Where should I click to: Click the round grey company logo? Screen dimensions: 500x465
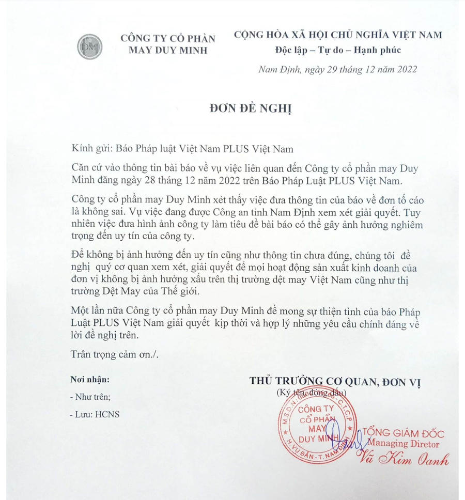pyautogui.click(x=90, y=46)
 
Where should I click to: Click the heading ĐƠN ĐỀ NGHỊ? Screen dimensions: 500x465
pyautogui.click(x=234, y=108)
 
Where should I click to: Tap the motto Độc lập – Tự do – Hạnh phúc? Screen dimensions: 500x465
pyautogui.click(x=337, y=50)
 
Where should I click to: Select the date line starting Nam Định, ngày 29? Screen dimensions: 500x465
pyautogui.click(x=338, y=69)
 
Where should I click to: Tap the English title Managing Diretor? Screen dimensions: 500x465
pyautogui.click(x=404, y=444)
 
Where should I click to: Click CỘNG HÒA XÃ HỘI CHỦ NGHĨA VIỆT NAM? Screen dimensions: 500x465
pyautogui.click(x=338, y=35)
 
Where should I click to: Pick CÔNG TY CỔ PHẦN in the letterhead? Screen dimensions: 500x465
pyautogui.click(x=167, y=38)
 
